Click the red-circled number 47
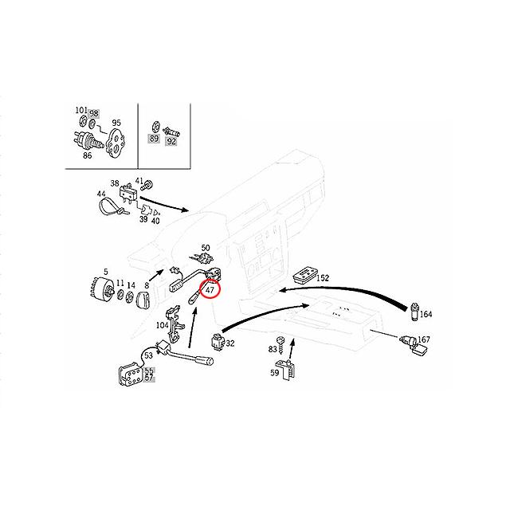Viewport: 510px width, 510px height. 210,291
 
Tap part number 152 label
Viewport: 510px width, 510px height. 322,278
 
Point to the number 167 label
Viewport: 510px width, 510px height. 424,339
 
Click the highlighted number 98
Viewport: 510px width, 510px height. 94,112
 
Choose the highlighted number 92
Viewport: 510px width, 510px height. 171,140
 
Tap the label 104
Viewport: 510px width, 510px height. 163,324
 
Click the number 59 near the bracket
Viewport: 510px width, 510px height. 274,372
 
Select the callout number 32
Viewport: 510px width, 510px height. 230,344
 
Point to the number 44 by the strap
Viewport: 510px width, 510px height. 101,194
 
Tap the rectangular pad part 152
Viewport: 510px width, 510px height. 304,276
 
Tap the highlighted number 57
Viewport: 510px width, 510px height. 149,379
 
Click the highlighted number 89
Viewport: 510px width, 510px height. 154,139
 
